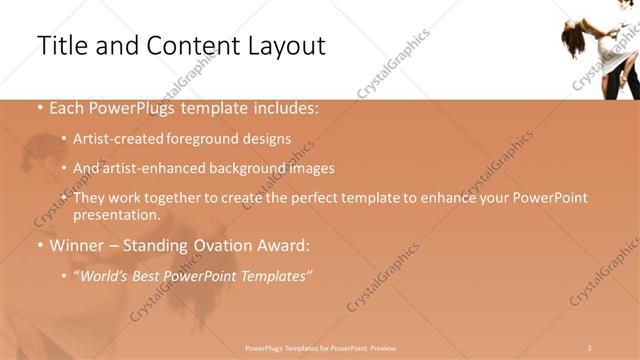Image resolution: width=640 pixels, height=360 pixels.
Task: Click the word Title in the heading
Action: [x=61, y=46]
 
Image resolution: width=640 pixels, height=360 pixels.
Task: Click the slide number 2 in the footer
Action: [x=590, y=346]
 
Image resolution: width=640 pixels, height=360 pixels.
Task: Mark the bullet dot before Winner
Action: [x=39, y=245]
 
